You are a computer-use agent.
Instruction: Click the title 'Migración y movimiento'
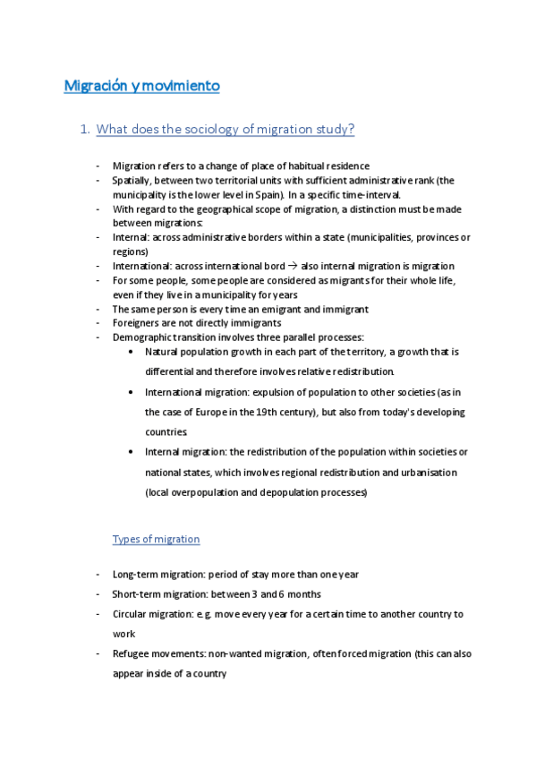141,86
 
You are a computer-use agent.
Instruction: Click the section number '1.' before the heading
85,130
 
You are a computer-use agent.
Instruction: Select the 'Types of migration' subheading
156,539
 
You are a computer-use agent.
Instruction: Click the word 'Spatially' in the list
132,180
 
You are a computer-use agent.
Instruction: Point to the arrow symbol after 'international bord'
293,266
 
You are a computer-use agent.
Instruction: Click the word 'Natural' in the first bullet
162,352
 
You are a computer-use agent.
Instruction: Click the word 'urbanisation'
426,472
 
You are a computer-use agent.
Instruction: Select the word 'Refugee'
132,654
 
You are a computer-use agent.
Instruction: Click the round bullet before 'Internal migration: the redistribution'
132,452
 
